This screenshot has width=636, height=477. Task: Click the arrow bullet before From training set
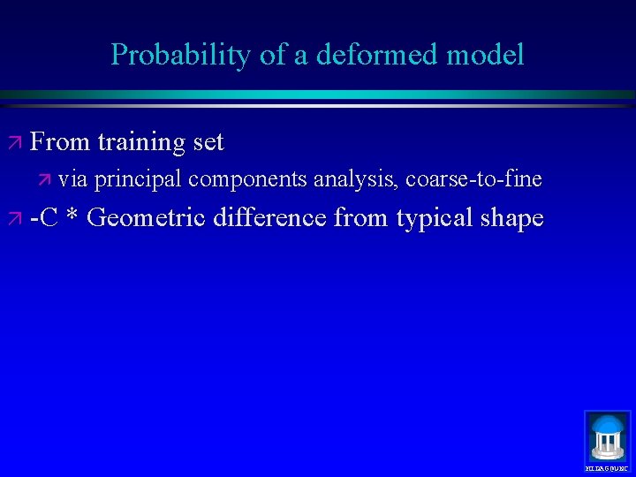click(16, 142)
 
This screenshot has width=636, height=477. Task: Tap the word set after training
click(208, 141)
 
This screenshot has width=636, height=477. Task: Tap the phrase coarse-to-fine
click(473, 179)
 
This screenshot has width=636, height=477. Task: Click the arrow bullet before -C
click(16, 217)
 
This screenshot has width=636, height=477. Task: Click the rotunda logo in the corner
click(608, 435)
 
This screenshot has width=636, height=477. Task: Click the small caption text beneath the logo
click(608, 468)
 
